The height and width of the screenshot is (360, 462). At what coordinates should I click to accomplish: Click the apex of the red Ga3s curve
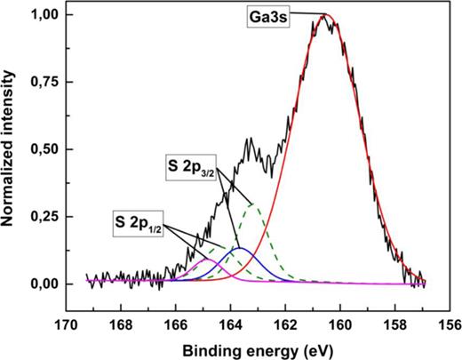coord(325,15)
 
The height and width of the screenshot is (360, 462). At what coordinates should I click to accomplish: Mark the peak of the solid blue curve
coord(238,249)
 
